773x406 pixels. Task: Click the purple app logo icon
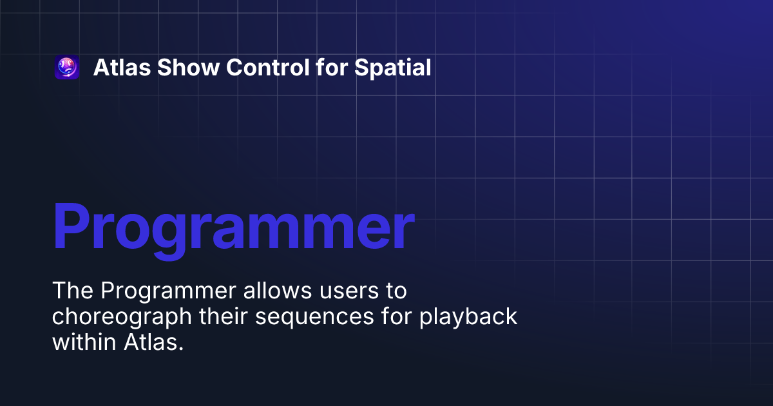tap(67, 67)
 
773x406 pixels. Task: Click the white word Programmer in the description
tap(167, 292)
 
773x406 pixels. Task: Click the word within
tap(84, 342)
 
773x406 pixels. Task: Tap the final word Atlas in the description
tap(153, 342)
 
